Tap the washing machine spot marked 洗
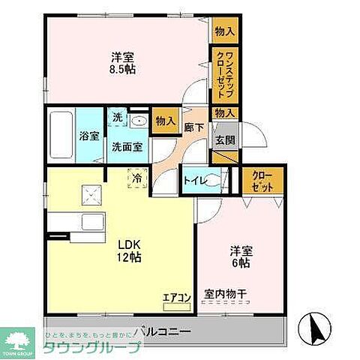pyautogui.click(x=118, y=118)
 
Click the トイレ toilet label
pyautogui.click(x=196, y=180)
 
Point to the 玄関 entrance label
pyautogui.click(x=225, y=140)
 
